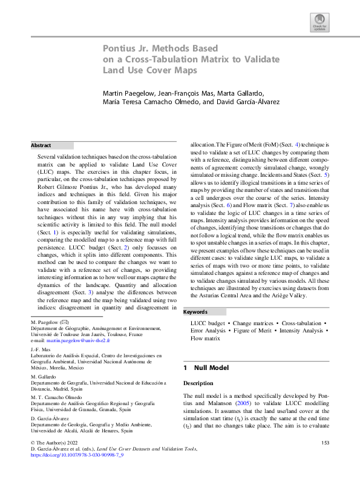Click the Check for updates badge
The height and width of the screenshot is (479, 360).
pos(319,22)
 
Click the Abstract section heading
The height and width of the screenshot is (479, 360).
pos(41,145)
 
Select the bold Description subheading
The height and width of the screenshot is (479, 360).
pos(197,383)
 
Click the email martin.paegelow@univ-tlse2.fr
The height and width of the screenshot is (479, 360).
pos(73,342)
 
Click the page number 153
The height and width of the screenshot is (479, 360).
pos(325,460)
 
